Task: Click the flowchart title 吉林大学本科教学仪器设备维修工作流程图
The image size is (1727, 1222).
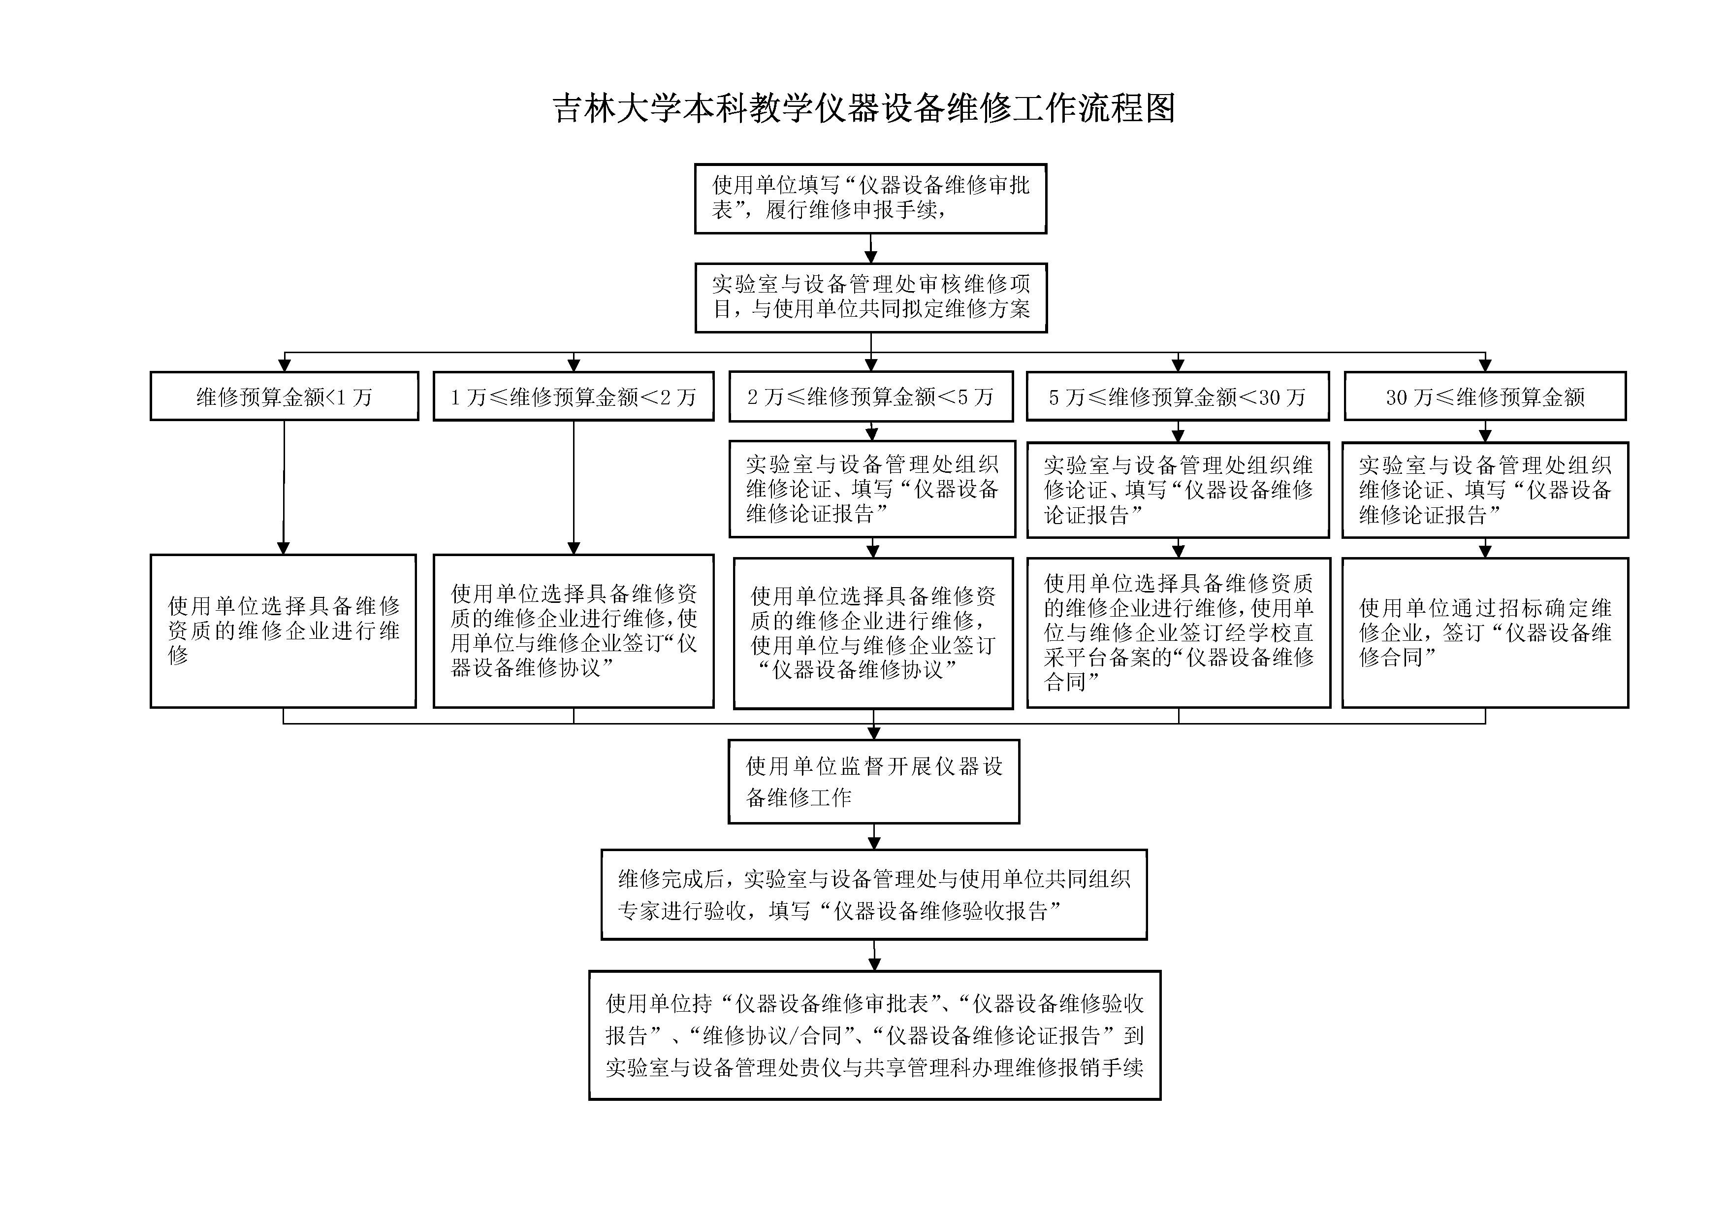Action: tap(863, 108)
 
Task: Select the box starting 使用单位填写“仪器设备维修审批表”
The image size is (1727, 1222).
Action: tap(870, 198)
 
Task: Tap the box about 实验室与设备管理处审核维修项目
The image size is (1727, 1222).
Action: tap(870, 297)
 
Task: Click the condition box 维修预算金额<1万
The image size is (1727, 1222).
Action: tap(285, 396)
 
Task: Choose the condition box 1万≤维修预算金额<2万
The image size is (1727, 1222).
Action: tap(573, 396)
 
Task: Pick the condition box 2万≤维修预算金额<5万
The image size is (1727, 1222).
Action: tap(870, 396)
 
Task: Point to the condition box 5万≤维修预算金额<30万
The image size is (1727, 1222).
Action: tap(1177, 396)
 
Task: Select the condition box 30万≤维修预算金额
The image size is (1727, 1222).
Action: tap(1485, 396)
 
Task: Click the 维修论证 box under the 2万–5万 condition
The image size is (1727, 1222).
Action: tap(872, 489)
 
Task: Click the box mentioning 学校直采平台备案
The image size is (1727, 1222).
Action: tap(1178, 632)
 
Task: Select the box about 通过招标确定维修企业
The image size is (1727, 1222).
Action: tap(1485, 632)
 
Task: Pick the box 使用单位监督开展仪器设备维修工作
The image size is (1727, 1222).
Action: tap(873, 781)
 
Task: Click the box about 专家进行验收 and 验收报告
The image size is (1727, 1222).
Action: tap(873, 894)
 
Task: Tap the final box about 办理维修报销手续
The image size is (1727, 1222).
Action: tap(874, 1035)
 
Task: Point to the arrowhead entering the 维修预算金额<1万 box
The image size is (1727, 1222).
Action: tap(285, 365)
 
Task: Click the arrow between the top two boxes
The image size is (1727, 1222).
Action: tap(870, 249)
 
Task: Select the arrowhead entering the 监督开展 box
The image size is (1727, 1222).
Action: tap(873, 733)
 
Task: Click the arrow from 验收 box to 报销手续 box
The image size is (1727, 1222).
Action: tap(873, 956)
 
